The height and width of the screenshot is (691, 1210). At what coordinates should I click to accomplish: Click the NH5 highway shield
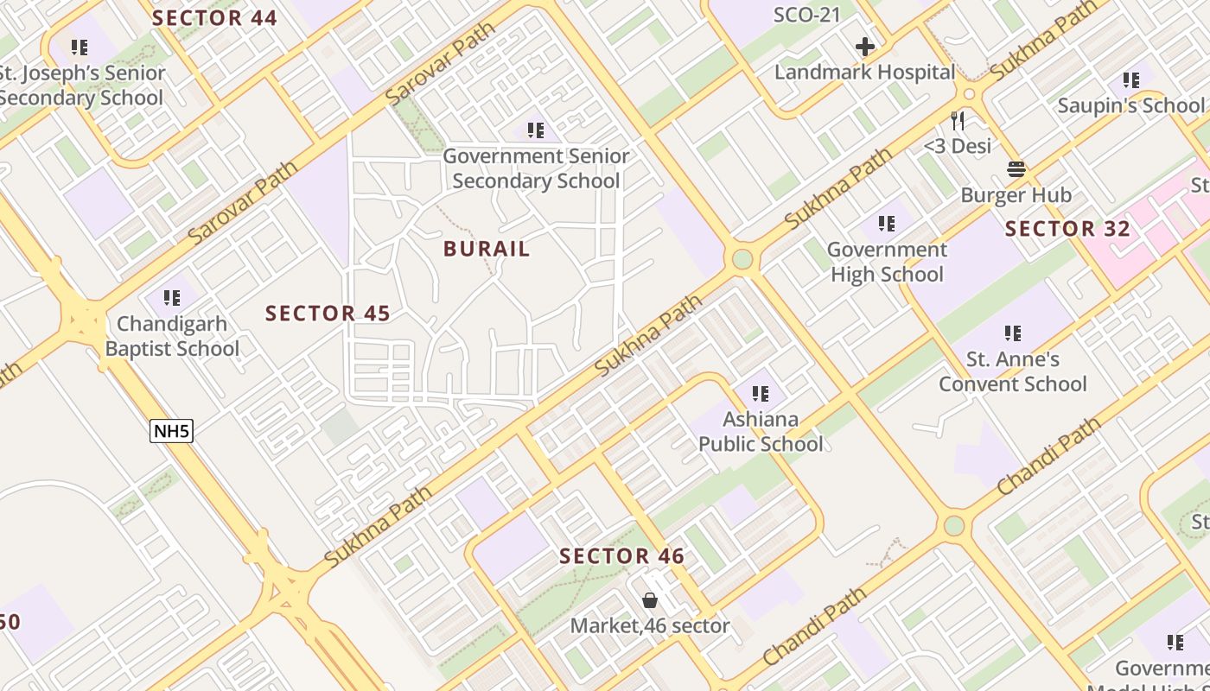pos(170,430)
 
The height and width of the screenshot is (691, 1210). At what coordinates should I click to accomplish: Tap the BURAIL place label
pos(487,249)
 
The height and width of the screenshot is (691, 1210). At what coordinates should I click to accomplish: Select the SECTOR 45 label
pos(328,313)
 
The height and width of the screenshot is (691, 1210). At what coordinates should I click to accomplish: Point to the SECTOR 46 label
pos(621,556)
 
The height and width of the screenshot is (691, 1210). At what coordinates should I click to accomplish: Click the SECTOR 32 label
pos(1067,229)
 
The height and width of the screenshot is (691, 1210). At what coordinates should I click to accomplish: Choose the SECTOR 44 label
pos(214,18)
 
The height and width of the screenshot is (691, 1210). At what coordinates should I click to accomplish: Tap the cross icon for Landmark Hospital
pos(865,47)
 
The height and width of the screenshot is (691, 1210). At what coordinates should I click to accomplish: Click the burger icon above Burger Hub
pos(1016,169)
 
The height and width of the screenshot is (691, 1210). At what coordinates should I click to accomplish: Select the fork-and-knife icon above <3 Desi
pos(958,120)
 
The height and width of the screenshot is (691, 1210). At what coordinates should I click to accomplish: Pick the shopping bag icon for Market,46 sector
pos(650,599)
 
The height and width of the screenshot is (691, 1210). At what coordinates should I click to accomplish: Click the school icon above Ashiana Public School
pos(761,394)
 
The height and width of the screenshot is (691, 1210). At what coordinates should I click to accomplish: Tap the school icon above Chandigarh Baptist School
pos(172,298)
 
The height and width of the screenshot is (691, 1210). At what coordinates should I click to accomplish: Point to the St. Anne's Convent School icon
pos(1013,333)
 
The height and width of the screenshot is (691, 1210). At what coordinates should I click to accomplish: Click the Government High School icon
pos(887,224)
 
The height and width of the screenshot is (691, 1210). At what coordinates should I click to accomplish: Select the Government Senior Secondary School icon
pos(536,130)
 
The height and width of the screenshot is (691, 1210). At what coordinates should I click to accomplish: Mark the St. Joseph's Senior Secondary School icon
pos(80,47)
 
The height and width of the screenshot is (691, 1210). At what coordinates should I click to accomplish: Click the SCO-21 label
pos(806,14)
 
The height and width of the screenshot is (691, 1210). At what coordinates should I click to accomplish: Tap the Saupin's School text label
pos(1130,105)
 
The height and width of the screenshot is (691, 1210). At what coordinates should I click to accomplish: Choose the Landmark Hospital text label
pos(864,73)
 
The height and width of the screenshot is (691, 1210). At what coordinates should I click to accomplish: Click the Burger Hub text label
pos(1016,195)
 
